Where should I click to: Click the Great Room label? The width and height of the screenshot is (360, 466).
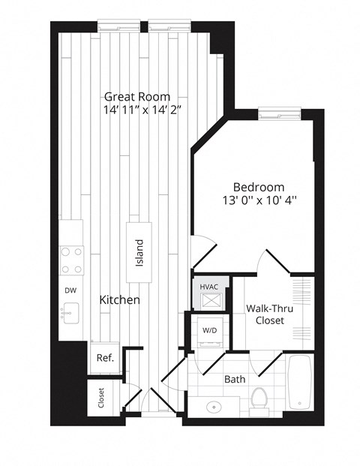pyautogui.click(x=137, y=97)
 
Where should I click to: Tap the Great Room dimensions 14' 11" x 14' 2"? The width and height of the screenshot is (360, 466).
pyautogui.click(x=142, y=110)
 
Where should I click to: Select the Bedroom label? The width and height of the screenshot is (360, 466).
pyautogui.click(x=259, y=188)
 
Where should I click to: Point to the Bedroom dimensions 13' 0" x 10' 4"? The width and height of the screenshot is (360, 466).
pyautogui.click(x=260, y=200)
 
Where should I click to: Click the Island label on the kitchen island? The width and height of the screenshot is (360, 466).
pyautogui.click(x=139, y=253)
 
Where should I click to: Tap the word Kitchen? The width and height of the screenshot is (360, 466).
pyautogui.click(x=119, y=300)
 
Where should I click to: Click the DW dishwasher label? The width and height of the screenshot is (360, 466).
pyautogui.click(x=70, y=290)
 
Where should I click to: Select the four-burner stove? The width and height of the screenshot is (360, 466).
pyautogui.click(x=71, y=260)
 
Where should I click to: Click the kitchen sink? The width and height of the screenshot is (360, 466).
pyautogui.click(x=70, y=313)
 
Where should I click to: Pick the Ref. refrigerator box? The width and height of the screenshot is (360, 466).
pyautogui.click(x=105, y=358)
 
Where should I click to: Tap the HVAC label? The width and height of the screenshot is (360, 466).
pyautogui.click(x=208, y=287)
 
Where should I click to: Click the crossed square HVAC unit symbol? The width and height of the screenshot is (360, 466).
pyautogui.click(x=211, y=301)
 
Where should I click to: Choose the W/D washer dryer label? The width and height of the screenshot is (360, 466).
pyautogui.click(x=210, y=330)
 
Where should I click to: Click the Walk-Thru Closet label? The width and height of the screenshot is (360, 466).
pyautogui.click(x=270, y=314)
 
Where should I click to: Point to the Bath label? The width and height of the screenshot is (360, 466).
pyautogui.click(x=235, y=379)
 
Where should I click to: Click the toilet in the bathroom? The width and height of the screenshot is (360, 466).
pyautogui.click(x=259, y=401)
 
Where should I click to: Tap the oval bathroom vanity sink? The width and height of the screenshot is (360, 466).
pyautogui.click(x=214, y=406)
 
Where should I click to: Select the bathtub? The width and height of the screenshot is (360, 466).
pyautogui.click(x=300, y=383)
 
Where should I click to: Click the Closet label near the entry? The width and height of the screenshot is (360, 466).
pyautogui.click(x=101, y=398)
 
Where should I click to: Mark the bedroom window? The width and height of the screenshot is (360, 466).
pyautogui.click(x=280, y=114)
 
